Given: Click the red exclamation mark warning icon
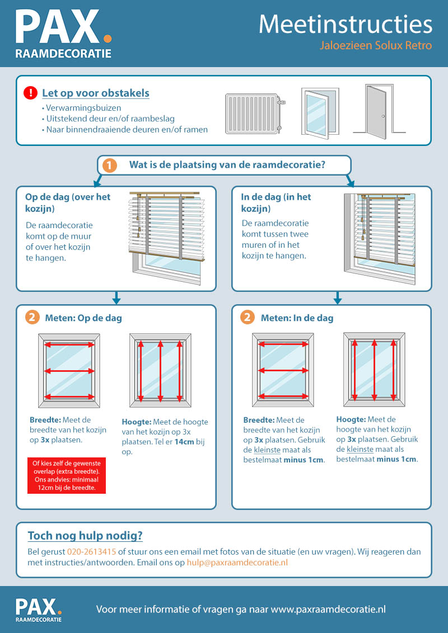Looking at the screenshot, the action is [x=30, y=93].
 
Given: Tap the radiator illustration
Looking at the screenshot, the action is [x=255, y=114].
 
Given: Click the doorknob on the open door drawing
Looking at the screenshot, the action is [x=383, y=116].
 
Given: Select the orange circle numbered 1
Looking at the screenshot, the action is [x=109, y=165].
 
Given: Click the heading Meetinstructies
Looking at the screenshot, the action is [x=346, y=24].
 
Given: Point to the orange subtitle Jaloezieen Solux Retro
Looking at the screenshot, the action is [x=376, y=45].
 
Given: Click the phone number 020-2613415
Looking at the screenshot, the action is [x=92, y=551].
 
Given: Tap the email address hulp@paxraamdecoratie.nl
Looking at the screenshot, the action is [x=237, y=563].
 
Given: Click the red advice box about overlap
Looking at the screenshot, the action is [x=67, y=475].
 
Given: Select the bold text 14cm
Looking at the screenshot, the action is [x=184, y=442].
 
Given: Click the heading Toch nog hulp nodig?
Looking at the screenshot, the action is [x=85, y=536].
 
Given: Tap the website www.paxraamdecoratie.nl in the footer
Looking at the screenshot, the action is [x=328, y=609].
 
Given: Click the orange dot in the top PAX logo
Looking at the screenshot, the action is [x=107, y=39].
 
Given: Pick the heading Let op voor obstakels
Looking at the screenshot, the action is [x=96, y=93].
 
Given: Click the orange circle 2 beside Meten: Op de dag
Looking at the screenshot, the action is [x=32, y=317].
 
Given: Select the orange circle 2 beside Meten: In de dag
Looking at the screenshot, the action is [x=248, y=317].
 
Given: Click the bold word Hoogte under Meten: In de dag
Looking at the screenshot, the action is [x=351, y=419].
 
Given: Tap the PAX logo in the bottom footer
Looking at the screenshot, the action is [x=39, y=610].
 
